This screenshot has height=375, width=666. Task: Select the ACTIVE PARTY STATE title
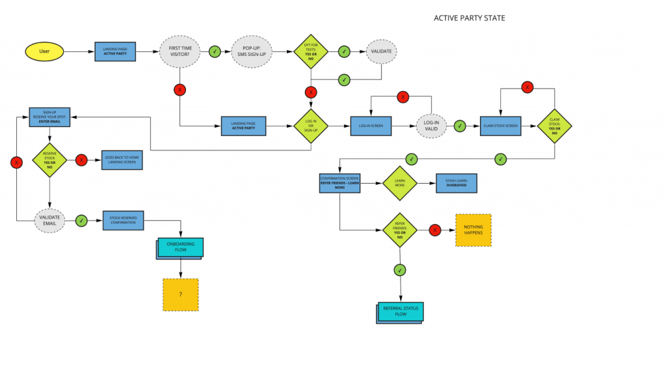(469, 18)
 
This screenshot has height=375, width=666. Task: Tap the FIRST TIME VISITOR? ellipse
(180, 51)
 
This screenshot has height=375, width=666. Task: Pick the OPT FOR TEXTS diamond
(311, 51)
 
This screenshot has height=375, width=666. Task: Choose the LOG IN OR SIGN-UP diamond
(311, 126)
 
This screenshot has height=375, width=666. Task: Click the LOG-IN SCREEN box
(371, 126)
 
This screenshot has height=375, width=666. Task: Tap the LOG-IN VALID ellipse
(431, 126)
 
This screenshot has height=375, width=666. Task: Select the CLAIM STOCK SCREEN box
(500, 126)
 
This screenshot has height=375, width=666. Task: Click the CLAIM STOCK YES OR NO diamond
(553, 126)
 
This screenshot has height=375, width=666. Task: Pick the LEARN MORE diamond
(399, 184)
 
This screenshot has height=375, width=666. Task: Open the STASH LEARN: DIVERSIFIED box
(456, 184)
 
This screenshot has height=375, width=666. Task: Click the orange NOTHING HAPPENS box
(473, 230)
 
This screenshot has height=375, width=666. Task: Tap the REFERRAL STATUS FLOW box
(401, 312)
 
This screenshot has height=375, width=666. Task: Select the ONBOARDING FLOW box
(181, 247)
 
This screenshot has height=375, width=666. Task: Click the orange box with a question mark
(180, 294)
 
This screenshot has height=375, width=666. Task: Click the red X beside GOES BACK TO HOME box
(81, 160)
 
